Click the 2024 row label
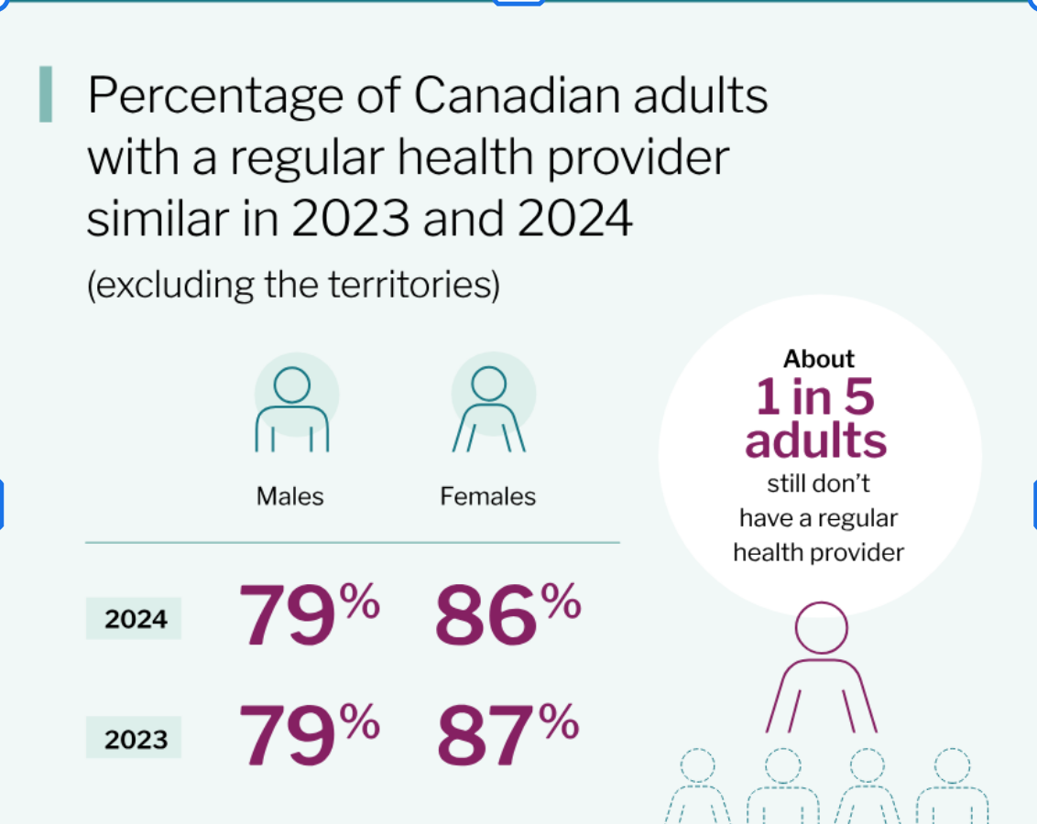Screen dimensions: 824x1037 coord(136,620)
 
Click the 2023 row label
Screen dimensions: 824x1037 coord(136,739)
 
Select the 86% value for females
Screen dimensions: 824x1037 coord(507,614)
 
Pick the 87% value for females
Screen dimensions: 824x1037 coord(507,735)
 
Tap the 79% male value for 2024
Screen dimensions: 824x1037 coord(308,614)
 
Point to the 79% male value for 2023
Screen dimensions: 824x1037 coord(308,735)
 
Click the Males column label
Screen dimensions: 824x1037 coord(289,496)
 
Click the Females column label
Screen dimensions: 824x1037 coord(487,496)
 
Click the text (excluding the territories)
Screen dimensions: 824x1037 coord(293,285)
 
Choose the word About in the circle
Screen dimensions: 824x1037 coord(819,359)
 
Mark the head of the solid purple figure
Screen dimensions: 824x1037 coord(821,628)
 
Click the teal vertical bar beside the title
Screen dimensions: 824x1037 coord(45,94)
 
